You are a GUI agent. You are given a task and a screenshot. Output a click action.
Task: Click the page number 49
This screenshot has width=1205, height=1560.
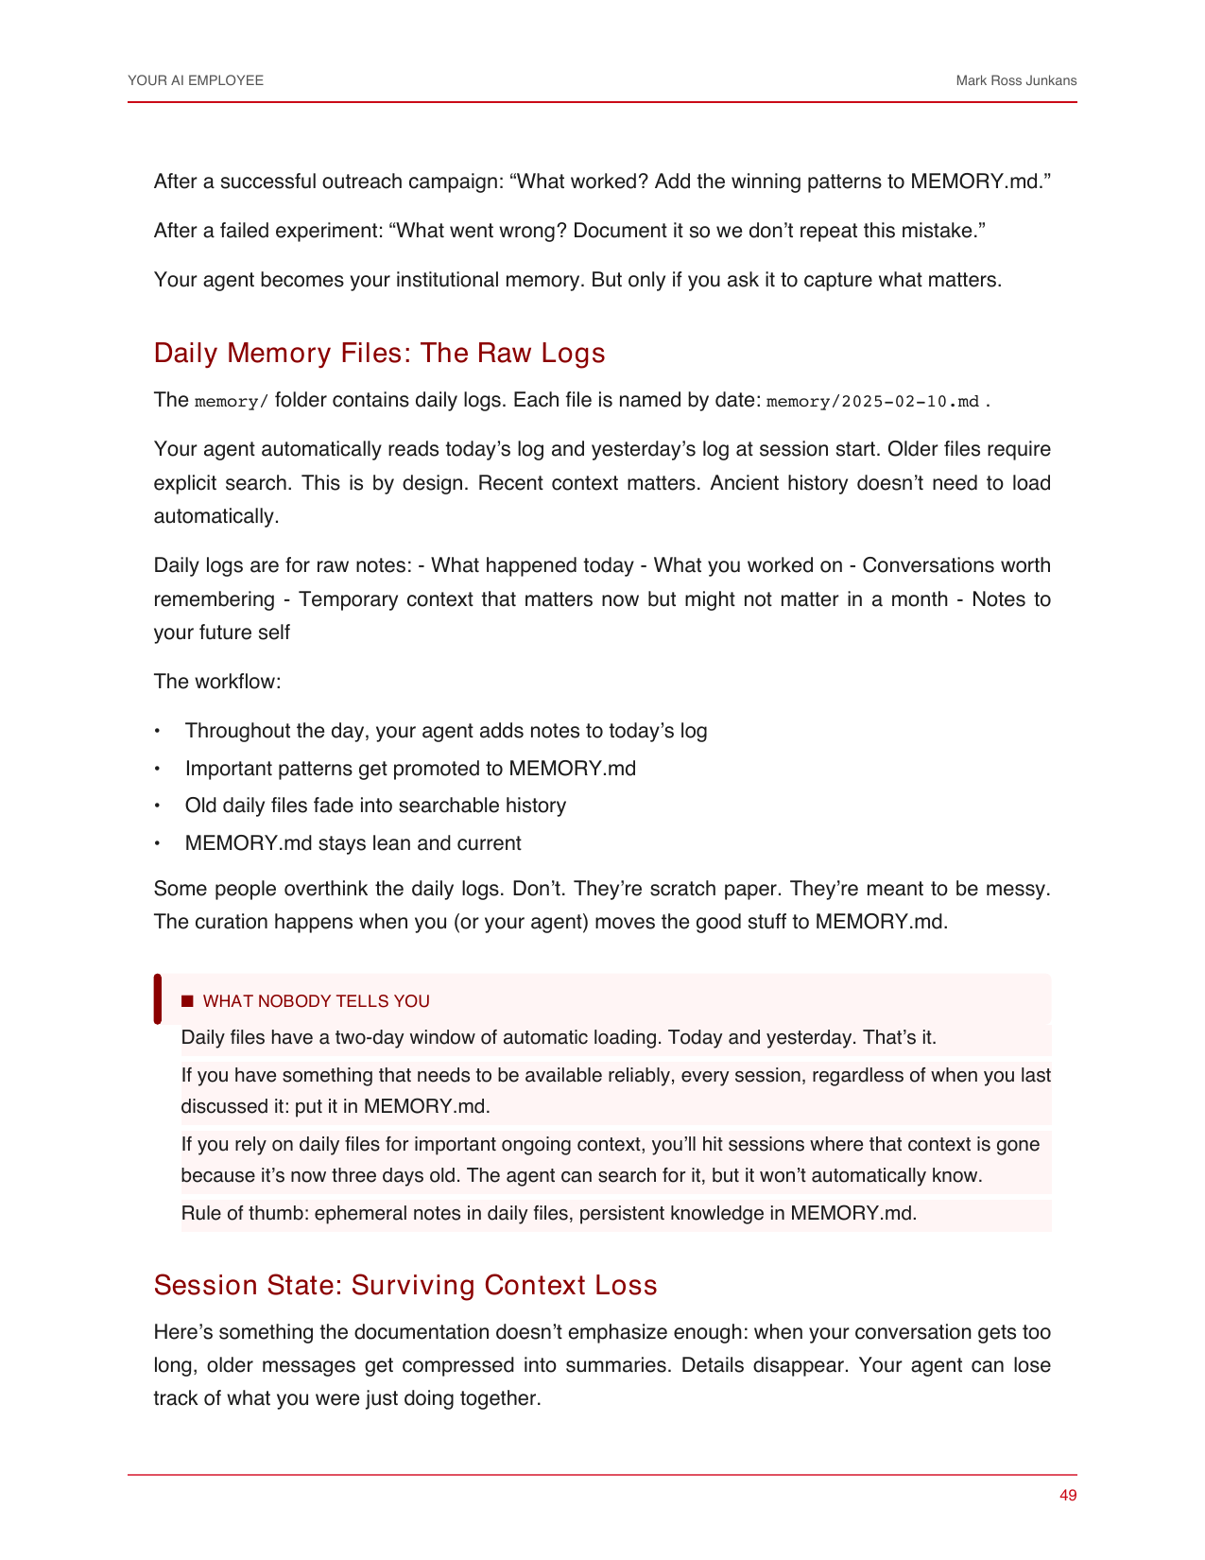pyautogui.click(x=1068, y=1496)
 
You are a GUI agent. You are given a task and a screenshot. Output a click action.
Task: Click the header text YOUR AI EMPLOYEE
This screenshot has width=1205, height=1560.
pyautogui.click(x=196, y=81)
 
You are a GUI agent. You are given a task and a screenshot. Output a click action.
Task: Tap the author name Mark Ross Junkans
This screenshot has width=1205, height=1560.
pyautogui.click(x=1016, y=81)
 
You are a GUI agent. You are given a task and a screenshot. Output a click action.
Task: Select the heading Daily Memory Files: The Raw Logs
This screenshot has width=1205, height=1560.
pyautogui.click(x=379, y=353)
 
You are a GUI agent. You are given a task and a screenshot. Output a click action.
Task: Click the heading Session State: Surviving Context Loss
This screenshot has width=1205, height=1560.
pyautogui.click(x=405, y=1285)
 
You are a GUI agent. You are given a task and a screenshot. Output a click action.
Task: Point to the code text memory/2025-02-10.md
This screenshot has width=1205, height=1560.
pyautogui.click(x=872, y=402)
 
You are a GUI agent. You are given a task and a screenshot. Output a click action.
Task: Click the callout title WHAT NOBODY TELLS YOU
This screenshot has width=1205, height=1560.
pyautogui.click(x=316, y=1001)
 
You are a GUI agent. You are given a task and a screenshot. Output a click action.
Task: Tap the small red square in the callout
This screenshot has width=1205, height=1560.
pyautogui.click(x=187, y=1001)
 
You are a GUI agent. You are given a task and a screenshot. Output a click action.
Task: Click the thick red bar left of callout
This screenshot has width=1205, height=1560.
pyautogui.click(x=158, y=999)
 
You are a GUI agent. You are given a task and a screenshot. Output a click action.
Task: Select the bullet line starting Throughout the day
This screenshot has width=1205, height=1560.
pyautogui.click(x=445, y=731)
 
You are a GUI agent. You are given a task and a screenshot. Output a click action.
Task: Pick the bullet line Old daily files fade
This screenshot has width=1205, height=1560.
pyautogui.click(x=375, y=806)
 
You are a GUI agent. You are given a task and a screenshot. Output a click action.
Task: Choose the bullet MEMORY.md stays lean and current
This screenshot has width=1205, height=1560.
pyautogui.click(x=353, y=843)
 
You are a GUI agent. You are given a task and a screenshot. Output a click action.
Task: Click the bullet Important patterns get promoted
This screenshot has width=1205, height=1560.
pyautogui.click(x=410, y=769)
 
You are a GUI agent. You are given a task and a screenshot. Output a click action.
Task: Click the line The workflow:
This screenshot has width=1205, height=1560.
pyautogui.click(x=217, y=682)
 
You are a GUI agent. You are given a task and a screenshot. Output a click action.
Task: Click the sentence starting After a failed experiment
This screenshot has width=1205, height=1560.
pyautogui.click(x=569, y=231)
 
